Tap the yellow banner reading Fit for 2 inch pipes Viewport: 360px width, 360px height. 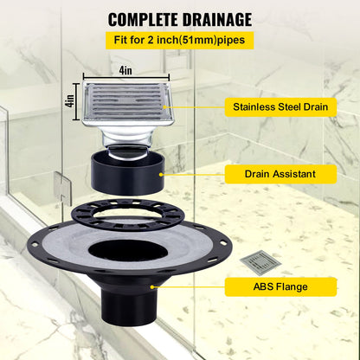pos(179,40)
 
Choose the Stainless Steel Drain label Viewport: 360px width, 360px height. pos(280,108)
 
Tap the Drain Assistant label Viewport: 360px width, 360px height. pos(280,174)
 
